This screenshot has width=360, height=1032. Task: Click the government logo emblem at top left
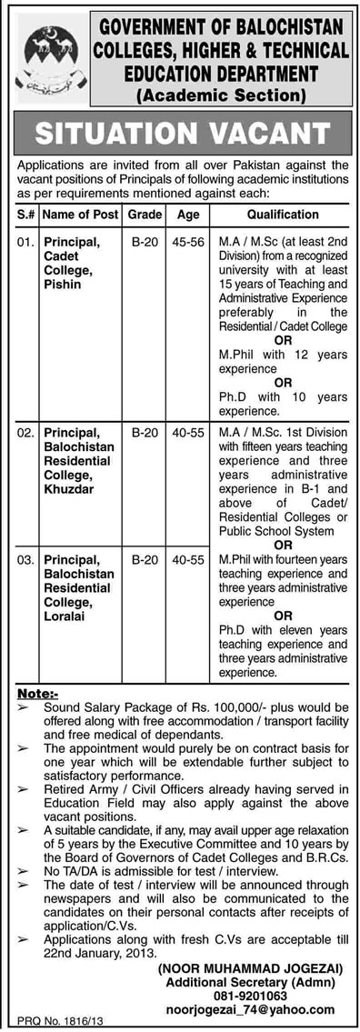(x=51, y=55)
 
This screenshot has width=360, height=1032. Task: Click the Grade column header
(x=145, y=215)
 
